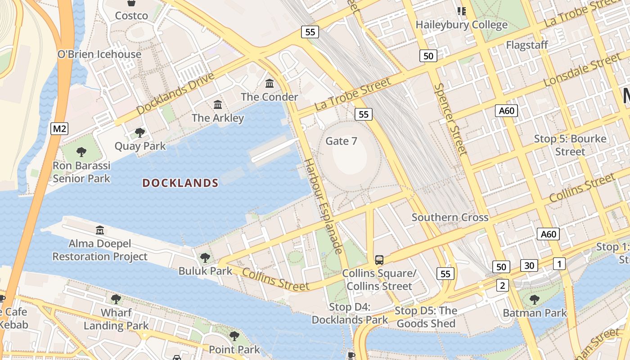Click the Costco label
(131, 16)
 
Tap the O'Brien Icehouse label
(99, 54)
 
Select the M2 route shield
(59, 129)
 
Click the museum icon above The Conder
(270, 84)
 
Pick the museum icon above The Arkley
(218, 105)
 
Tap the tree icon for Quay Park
(140, 133)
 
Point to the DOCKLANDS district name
(180, 183)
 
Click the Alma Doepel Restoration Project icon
(100, 231)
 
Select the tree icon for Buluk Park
(205, 258)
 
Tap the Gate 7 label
(341, 141)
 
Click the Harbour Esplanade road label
(324, 206)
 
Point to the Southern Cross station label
(450, 218)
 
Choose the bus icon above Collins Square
(379, 260)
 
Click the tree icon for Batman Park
(535, 300)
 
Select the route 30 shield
(529, 265)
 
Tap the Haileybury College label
(462, 25)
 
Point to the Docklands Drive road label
(175, 94)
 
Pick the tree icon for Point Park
(234, 336)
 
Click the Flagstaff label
(527, 45)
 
